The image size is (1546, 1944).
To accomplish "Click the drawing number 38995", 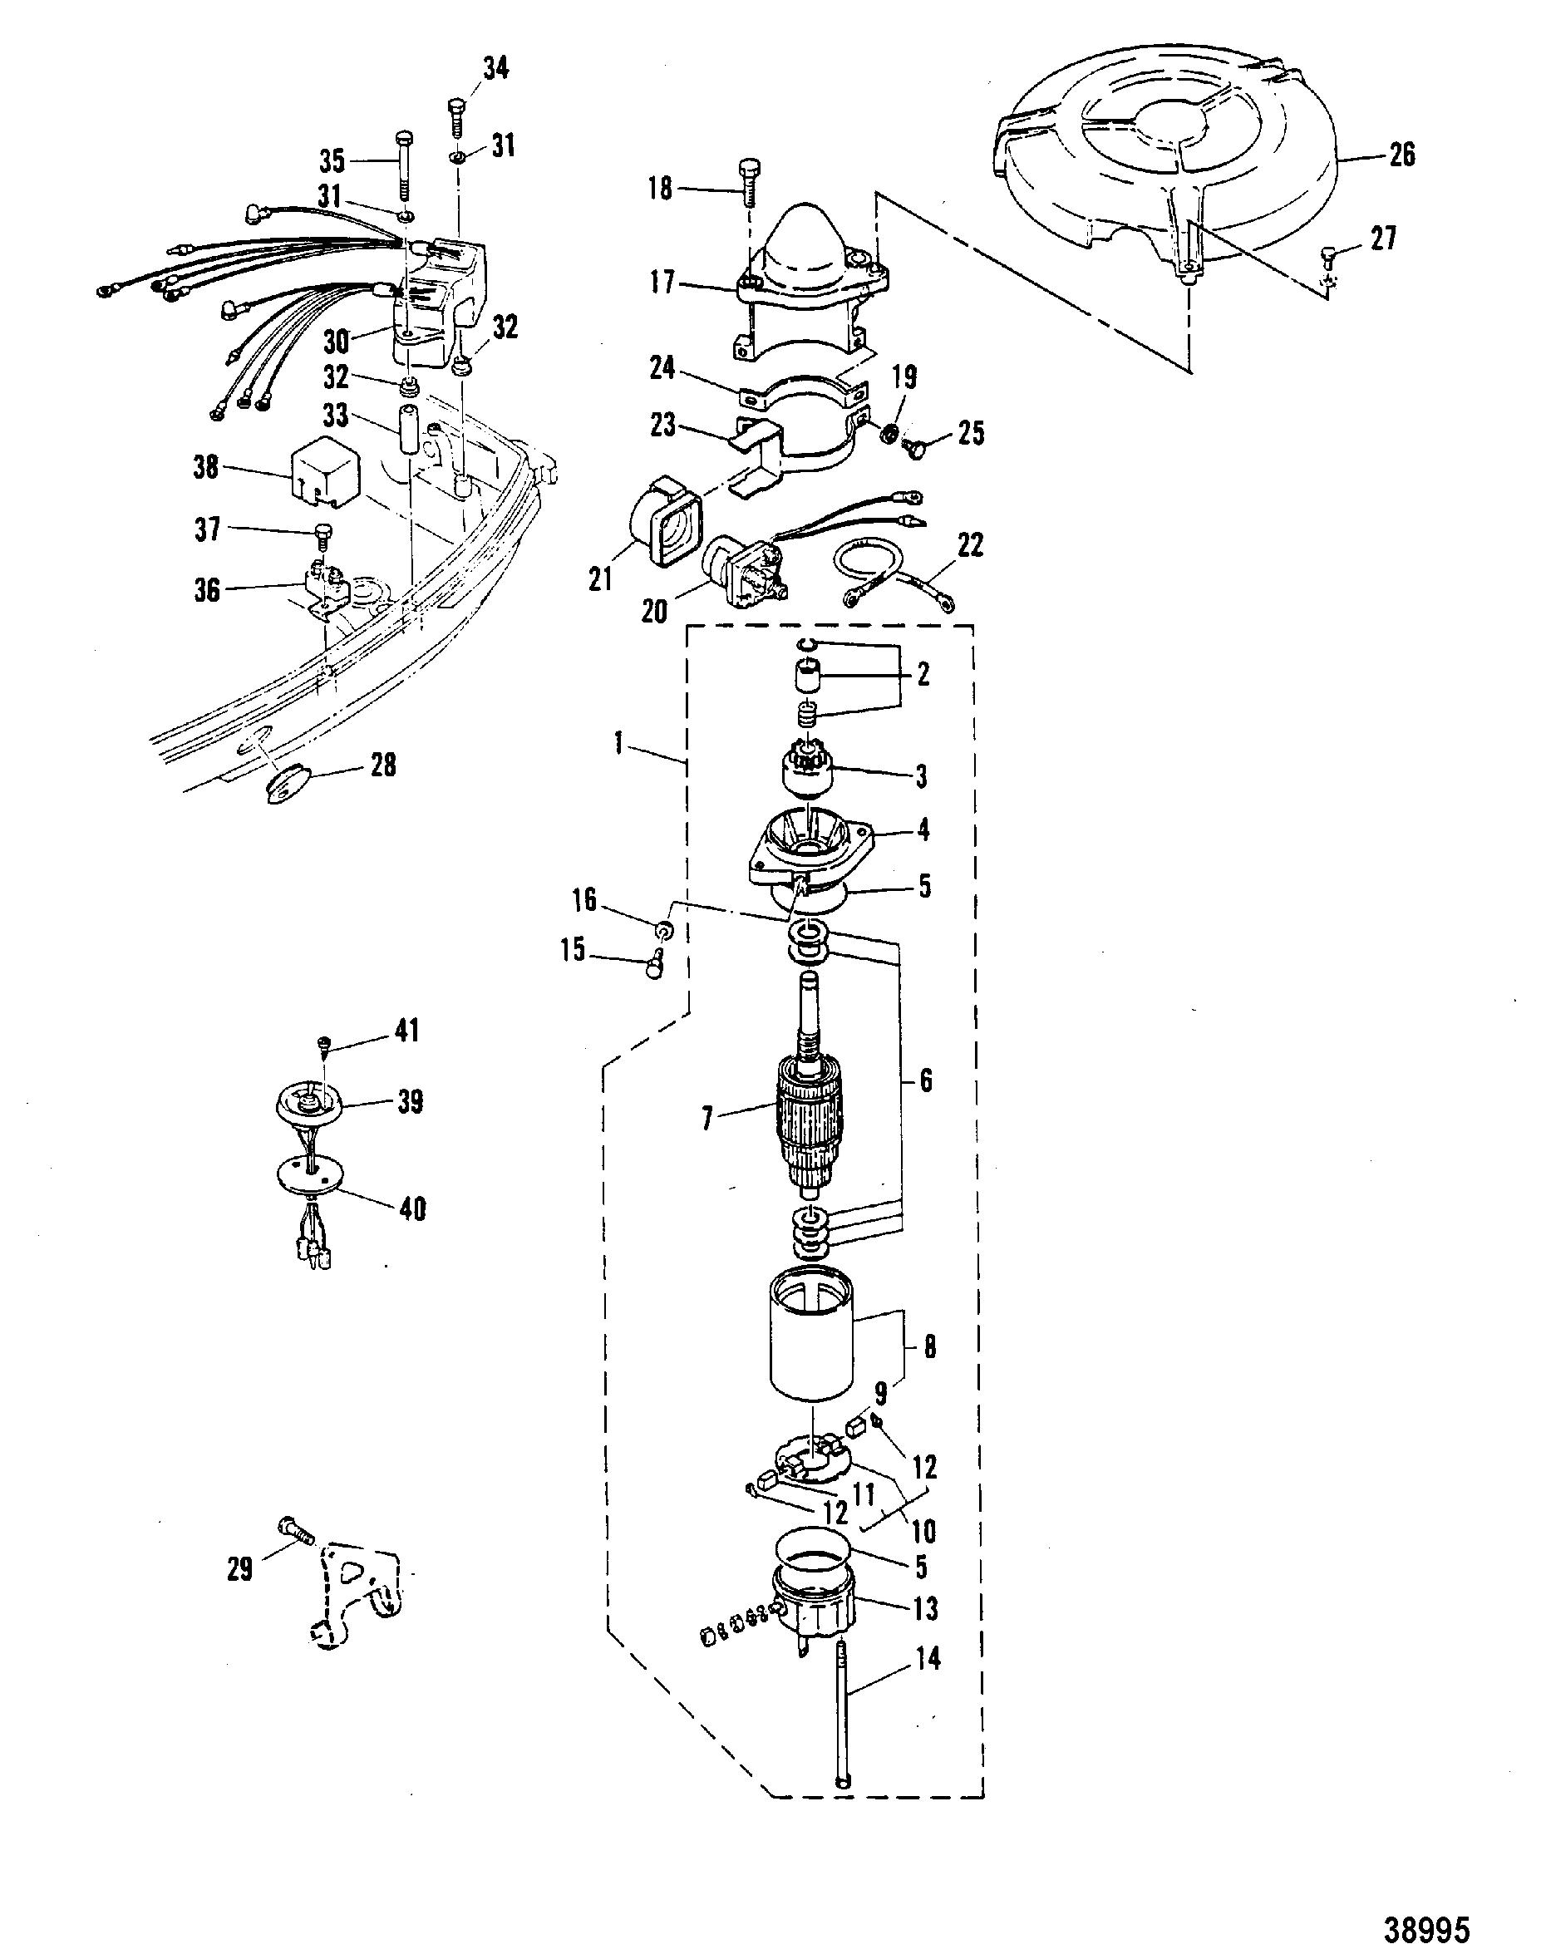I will point(1428,1920).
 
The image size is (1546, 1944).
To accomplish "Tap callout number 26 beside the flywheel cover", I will point(1401,155).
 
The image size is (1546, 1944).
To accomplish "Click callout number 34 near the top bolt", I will point(495,68).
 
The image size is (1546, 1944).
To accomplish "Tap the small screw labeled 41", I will point(322,1046).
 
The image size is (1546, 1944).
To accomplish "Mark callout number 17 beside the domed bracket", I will point(663,283).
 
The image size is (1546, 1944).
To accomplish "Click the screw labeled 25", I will point(917,448).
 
